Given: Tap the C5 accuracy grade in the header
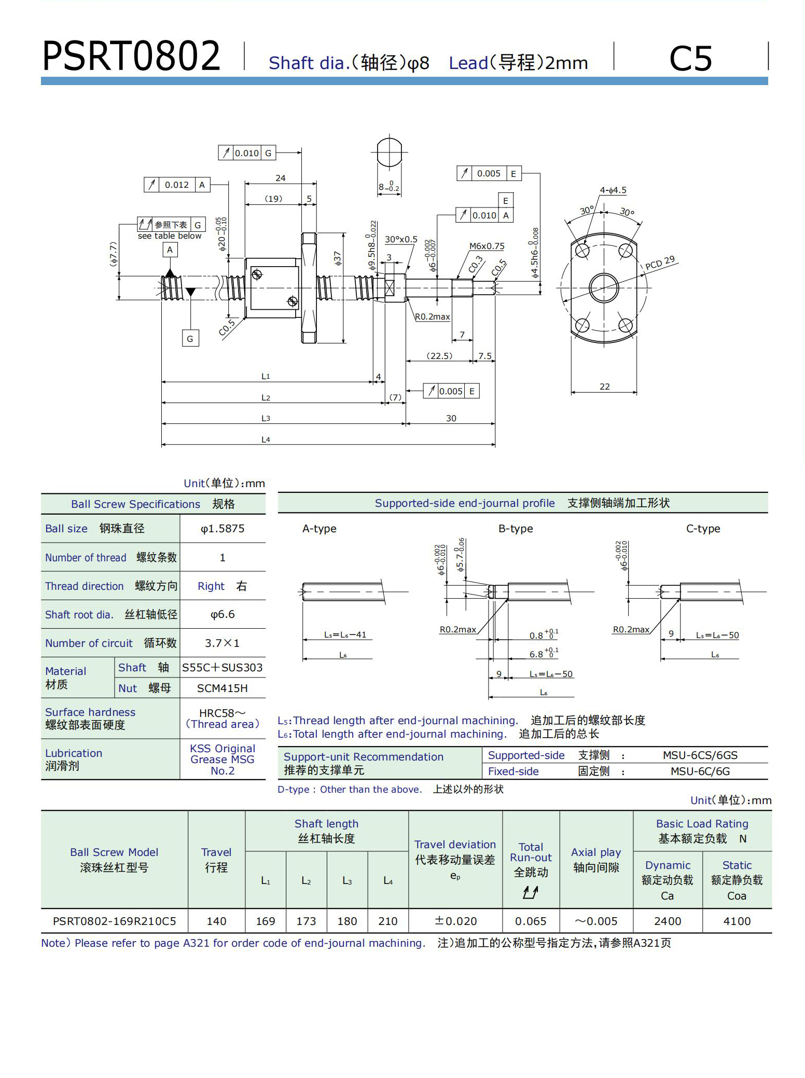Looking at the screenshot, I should pos(690,58).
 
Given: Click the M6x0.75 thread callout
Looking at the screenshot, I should pos(487,246).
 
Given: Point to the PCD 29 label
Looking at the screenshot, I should pos(660,263).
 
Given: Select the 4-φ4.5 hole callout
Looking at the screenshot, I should pos(613,190).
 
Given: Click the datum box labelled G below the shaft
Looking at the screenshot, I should pos(190,339).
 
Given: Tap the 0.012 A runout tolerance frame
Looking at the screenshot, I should pos(177,185).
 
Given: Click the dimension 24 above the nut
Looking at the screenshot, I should pos(280,178).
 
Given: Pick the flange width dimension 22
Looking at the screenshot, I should pos(604,386).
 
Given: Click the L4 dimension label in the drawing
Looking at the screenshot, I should pos(266,439).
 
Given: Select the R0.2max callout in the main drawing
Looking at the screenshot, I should pos(433,316).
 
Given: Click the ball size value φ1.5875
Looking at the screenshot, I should pos(223,529).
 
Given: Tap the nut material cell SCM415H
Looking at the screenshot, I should pos(223,688).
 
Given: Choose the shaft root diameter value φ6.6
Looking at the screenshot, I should pos(223,614).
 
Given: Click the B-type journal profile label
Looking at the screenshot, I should pos(516,529).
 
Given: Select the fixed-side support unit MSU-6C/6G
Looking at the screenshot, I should pos(700,771).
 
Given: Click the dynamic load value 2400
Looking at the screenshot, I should pos(667,921).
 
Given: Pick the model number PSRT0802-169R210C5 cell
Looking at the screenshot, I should pos(114,921).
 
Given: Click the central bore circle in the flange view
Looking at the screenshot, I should pos(604,287).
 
